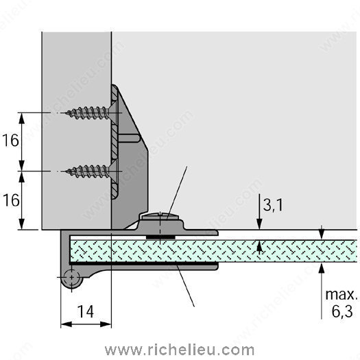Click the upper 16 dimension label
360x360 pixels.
10,141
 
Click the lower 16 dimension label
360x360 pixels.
11,200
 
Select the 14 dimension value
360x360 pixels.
86,311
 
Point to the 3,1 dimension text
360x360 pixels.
273,205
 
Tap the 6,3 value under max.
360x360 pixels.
342,311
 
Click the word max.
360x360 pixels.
341,295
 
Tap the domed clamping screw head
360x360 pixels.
160,216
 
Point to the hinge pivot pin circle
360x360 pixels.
71,278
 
